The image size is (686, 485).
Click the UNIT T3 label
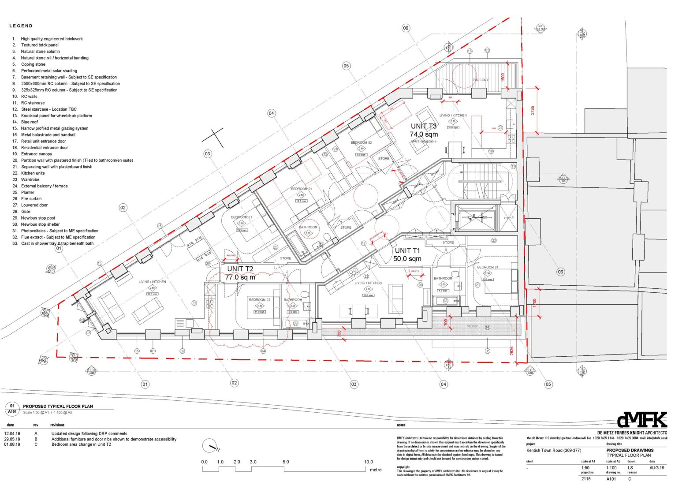coord(423,126)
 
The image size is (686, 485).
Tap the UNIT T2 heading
coord(240,269)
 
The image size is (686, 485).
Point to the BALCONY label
coord(481,80)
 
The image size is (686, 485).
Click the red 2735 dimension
coord(533,110)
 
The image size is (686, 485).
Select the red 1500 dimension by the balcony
coord(503,77)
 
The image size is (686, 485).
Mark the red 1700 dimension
coord(534,303)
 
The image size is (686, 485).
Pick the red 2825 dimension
coord(512,351)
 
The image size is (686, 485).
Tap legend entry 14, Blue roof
coord(29,122)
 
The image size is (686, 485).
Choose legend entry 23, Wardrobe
coord(30,179)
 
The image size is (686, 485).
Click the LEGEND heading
coord(21,26)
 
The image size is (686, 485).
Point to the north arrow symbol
coord(210,446)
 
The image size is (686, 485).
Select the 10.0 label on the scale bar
coord(368,462)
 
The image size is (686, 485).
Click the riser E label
coord(508,218)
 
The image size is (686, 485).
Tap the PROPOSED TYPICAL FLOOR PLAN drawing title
coord(58,406)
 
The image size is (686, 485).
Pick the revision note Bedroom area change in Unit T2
coord(81,444)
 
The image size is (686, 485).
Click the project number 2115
coord(586,479)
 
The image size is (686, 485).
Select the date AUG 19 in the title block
coord(656,468)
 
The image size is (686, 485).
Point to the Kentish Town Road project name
coord(554,451)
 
